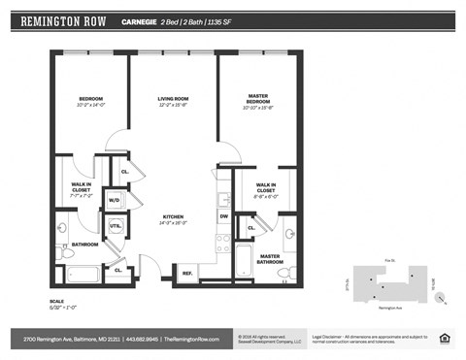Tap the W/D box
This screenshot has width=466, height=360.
click(x=114, y=201)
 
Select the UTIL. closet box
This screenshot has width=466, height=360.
click(x=114, y=226)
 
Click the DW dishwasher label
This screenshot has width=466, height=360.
click(x=222, y=216)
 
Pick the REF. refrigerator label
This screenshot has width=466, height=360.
click(x=187, y=273)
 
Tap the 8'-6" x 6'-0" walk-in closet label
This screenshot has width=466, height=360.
click(x=264, y=190)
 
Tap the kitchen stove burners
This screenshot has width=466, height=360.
click(x=222, y=243)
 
